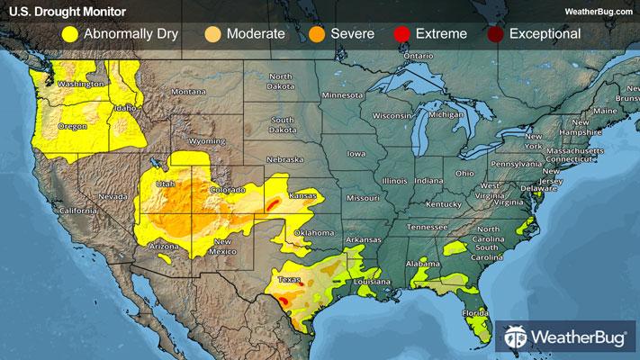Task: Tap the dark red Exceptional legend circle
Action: coord(493,34)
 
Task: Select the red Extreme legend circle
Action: coord(401,34)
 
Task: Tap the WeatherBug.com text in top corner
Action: coord(598,11)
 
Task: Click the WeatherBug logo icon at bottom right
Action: coord(516,337)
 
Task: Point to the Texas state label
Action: coord(289,279)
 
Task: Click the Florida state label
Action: coord(475,314)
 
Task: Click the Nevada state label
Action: coord(111,195)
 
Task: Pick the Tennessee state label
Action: coord(426,227)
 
